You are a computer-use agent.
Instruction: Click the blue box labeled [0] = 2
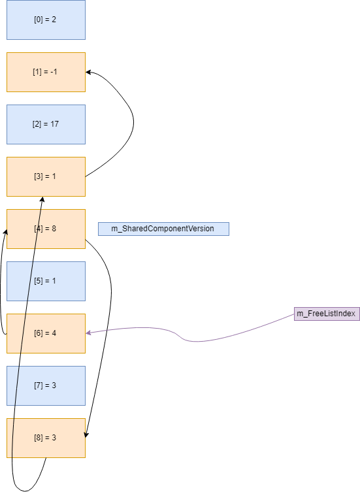coord(46,20)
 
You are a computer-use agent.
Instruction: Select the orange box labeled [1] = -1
coord(46,72)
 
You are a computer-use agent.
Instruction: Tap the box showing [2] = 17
coord(46,124)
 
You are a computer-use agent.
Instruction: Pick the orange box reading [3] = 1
coord(46,176)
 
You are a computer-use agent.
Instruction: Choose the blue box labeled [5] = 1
coord(46,281)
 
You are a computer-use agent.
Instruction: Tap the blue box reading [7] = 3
coord(46,385)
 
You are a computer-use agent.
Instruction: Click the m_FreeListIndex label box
coord(326,314)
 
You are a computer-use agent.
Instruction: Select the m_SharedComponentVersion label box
coord(163,229)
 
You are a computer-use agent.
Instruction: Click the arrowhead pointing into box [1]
coord(89,73)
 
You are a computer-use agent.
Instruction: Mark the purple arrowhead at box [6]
coord(89,333)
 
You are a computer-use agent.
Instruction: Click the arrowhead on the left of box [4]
coord(5,232)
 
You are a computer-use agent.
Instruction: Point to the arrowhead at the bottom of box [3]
coord(42,199)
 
